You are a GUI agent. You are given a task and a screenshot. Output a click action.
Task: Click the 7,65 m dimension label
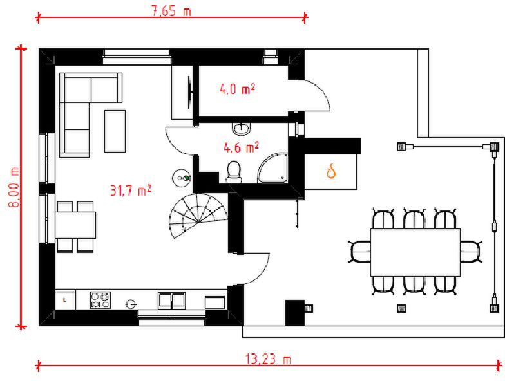tap(171, 11)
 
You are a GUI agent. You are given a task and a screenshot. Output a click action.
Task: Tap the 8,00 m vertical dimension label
tap(14, 187)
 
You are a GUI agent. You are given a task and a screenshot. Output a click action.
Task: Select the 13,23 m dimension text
tap(268, 359)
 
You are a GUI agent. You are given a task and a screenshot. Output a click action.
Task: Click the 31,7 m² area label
tap(130, 190)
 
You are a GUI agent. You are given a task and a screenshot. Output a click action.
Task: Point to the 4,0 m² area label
tap(237, 89)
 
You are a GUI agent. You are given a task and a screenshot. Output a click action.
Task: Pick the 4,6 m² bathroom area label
tap(241, 148)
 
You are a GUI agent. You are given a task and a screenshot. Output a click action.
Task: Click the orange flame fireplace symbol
tap(331, 171)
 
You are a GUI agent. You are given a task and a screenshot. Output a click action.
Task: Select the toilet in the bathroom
tap(234, 172)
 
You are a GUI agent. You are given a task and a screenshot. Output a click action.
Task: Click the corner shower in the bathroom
tap(272, 169)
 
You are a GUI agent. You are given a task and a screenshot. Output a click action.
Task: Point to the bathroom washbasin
tap(241, 129)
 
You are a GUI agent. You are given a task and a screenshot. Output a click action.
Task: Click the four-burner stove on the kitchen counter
tap(100, 300)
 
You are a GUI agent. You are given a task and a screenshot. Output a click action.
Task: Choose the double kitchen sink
tap(171, 301)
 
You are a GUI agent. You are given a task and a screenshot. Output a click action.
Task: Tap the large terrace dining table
tap(415, 252)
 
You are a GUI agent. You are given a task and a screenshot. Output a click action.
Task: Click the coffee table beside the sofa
tap(115, 131)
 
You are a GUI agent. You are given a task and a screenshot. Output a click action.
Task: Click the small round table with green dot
tap(182, 178)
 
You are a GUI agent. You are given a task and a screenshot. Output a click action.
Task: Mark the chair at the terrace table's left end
tap(359, 252)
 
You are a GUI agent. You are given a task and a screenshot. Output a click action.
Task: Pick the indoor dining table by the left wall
tap(76, 225)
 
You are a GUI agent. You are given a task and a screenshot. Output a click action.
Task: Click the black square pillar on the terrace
tap(295, 313)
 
